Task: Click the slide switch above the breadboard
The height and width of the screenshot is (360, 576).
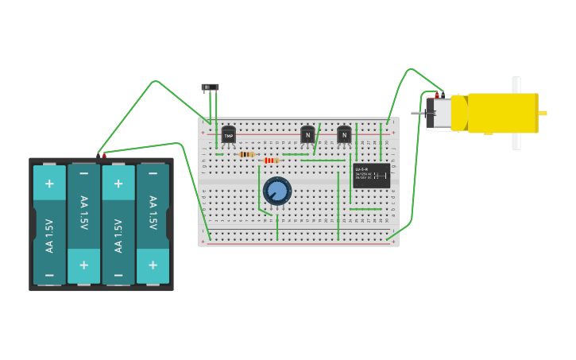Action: pyautogui.click(x=210, y=87)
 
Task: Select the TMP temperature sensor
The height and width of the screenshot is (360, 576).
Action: pyautogui.click(x=229, y=135)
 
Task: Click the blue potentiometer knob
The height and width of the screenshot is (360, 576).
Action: pyautogui.click(x=277, y=191)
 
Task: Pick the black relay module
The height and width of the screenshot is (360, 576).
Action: pyautogui.click(x=372, y=175)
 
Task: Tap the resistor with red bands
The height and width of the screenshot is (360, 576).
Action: pyautogui.click(x=271, y=161)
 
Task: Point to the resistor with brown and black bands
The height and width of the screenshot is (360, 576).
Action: pyautogui.click(x=246, y=154)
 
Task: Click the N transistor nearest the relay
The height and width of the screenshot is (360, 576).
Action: pyautogui.click(x=344, y=135)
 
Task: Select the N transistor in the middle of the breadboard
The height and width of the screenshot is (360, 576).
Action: pyautogui.click(x=307, y=135)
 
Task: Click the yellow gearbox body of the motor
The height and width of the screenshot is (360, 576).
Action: pyautogui.click(x=502, y=113)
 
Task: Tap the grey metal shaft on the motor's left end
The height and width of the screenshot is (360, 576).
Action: pyautogui.click(x=418, y=113)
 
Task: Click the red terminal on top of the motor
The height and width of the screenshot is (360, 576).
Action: pyautogui.click(x=437, y=95)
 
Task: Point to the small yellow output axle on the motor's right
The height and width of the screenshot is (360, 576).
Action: pyautogui.click(x=543, y=113)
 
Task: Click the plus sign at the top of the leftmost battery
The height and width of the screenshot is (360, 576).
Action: pyautogui.click(x=49, y=184)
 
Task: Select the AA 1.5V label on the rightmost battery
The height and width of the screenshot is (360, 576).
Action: pyautogui.click(x=153, y=213)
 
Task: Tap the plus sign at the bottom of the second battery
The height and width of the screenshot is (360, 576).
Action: pyautogui.click(x=83, y=265)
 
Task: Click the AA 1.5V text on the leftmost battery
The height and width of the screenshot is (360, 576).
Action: pyautogui.click(x=49, y=235)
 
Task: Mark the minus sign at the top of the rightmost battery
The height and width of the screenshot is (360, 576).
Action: pyautogui.click(x=153, y=172)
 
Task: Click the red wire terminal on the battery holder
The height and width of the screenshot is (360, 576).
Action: pyautogui.click(x=104, y=156)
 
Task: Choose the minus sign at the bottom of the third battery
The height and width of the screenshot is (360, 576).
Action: pyautogui.click(x=118, y=275)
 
